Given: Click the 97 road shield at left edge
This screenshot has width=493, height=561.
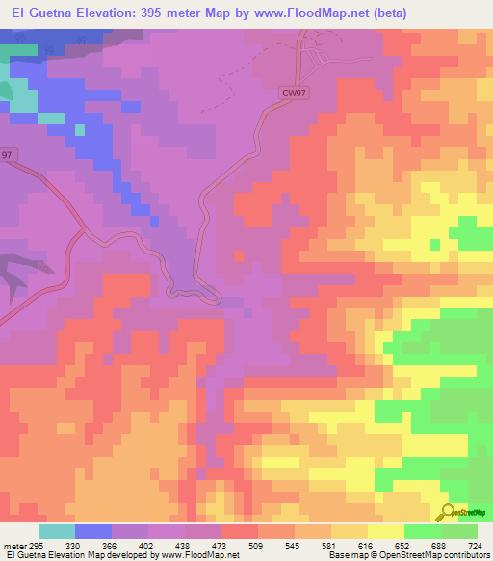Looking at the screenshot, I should tap(8, 154).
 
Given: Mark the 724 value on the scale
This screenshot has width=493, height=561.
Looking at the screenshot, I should tap(474, 546).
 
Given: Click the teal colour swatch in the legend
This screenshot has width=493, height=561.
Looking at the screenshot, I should tap(57, 531).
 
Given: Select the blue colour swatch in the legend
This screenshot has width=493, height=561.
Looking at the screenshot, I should tap(93, 531).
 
